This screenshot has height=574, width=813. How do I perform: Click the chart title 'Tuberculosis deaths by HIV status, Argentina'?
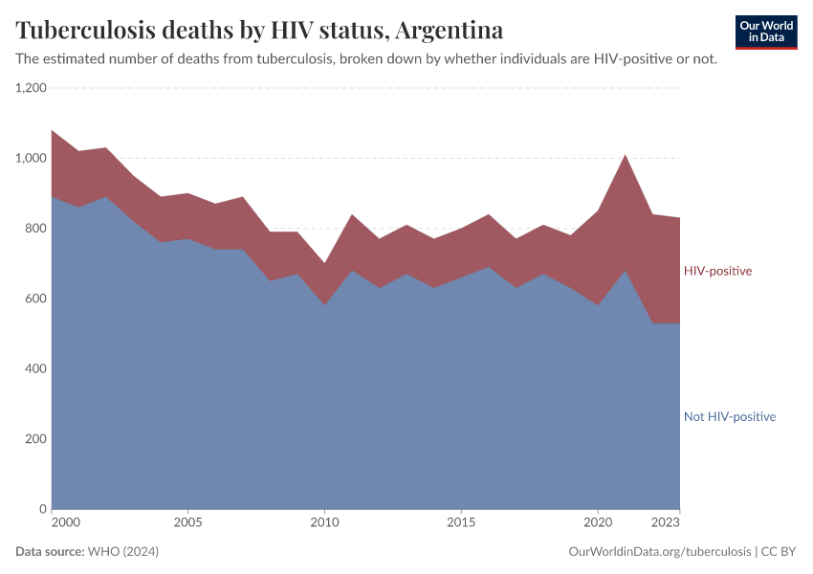(x=259, y=31)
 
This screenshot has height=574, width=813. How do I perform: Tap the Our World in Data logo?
(x=766, y=32)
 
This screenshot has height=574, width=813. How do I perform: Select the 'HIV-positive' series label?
(x=717, y=271)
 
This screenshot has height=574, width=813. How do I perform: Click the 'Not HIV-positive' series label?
(x=729, y=416)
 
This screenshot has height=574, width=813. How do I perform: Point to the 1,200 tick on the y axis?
(x=31, y=88)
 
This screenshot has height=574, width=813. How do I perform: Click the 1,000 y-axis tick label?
(x=31, y=158)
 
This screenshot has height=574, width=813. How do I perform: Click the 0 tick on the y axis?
(x=42, y=509)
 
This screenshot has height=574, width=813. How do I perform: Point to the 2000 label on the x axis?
(x=65, y=523)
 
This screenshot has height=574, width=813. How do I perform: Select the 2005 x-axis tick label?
(x=187, y=523)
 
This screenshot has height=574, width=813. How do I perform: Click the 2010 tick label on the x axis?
(x=324, y=523)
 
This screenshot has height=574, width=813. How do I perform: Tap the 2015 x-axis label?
(x=461, y=523)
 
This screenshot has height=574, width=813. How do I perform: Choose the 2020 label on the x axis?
(x=598, y=523)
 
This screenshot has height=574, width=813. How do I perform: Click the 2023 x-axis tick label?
(x=667, y=523)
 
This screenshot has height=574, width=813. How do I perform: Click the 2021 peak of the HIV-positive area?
(x=625, y=156)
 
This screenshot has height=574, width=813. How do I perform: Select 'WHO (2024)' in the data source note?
(x=122, y=552)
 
